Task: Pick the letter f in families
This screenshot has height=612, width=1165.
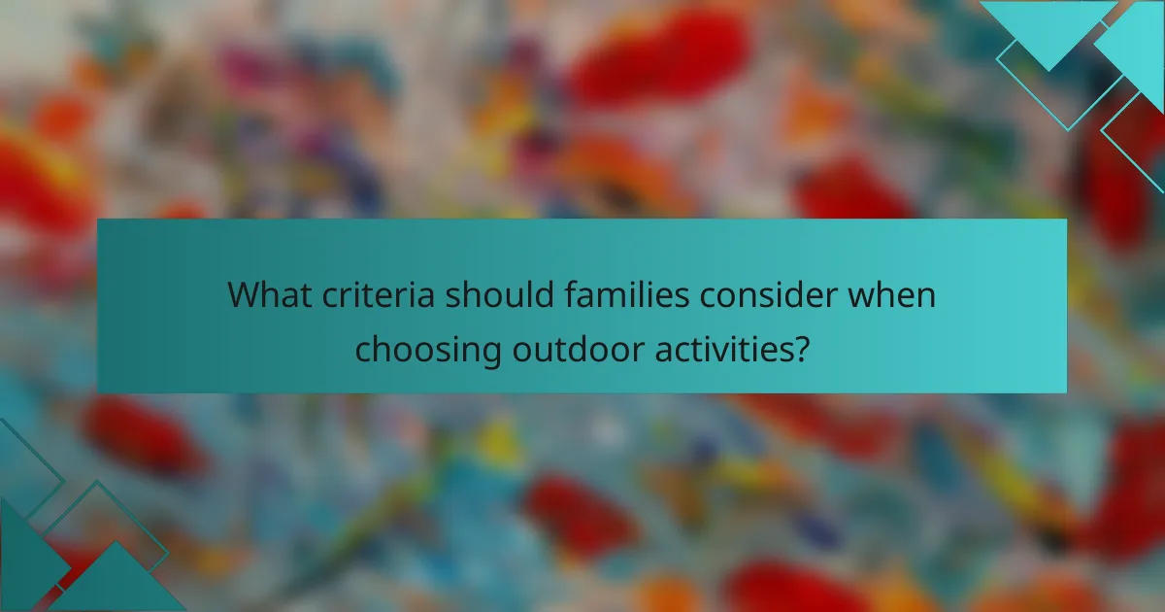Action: [566, 294]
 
